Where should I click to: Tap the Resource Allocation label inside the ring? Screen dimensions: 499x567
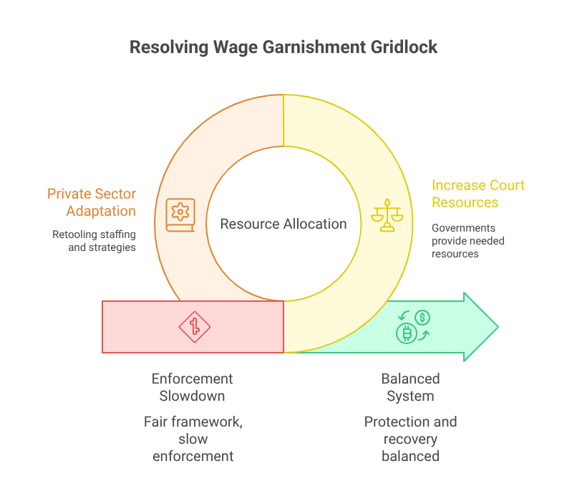click(x=283, y=224)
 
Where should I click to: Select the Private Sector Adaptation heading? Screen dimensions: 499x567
click(x=91, y=202)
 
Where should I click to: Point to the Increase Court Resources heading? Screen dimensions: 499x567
click(x=478, y=194)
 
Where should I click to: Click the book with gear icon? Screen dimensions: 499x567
click(x=180, y=214)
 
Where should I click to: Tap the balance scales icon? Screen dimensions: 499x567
click(x=387, y=214)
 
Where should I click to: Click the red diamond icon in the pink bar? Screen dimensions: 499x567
click(x=194, y=327)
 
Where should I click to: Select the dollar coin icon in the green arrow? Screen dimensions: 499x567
click(x=422, y=317)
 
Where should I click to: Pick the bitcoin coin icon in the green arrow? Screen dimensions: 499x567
click(x=406, y=333)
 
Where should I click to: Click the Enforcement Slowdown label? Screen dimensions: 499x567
click(x=193, y=387)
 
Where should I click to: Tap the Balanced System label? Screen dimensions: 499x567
click(x=410, y=387)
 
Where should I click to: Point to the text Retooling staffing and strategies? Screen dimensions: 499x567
click(x=94, y=241)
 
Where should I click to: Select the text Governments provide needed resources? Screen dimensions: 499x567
click(x=467, y=241)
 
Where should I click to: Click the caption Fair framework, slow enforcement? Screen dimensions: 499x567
click(x=193, y=439)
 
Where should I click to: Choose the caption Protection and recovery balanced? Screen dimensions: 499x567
click(x=410, y=439)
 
